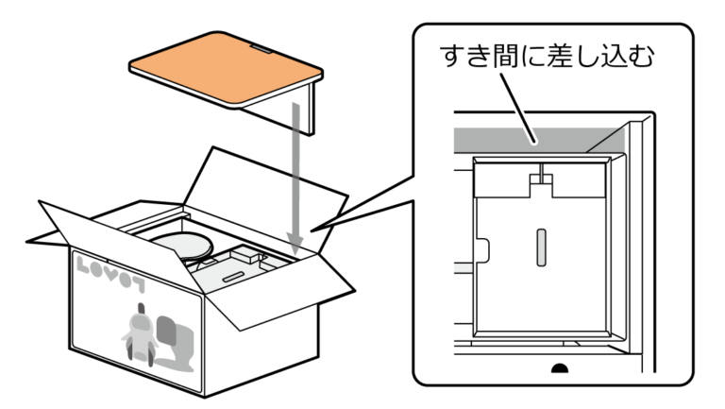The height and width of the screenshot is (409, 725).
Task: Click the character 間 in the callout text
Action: (506, 58)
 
